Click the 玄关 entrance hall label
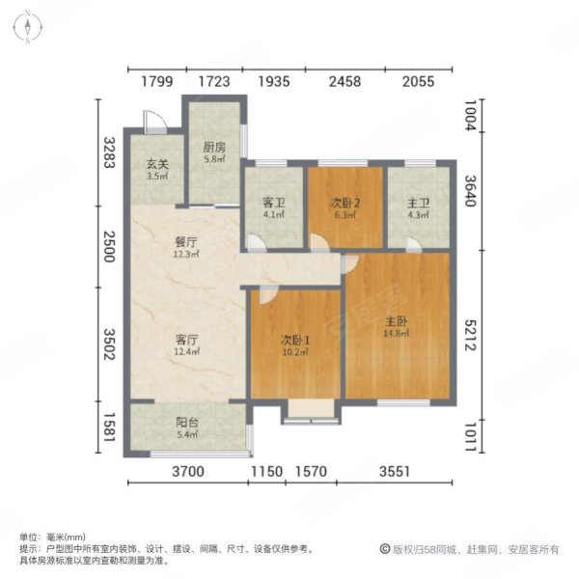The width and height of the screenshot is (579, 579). point(158,164)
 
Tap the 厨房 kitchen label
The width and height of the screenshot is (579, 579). point(214,148)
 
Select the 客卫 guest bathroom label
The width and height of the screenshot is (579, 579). point(273,204)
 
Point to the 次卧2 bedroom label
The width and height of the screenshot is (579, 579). point(346,203)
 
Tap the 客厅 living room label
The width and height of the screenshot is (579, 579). point(186,340)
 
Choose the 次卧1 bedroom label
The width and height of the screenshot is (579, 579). point(294,340)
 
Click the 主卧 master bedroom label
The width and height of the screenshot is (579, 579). point(397,323)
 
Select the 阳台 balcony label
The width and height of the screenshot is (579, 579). point(186,421)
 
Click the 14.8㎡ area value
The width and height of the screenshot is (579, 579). point(397,335)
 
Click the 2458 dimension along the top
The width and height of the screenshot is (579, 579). point(345,82)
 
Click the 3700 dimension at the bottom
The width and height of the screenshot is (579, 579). point(188,471)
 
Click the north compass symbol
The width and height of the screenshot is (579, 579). point(31,28)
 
